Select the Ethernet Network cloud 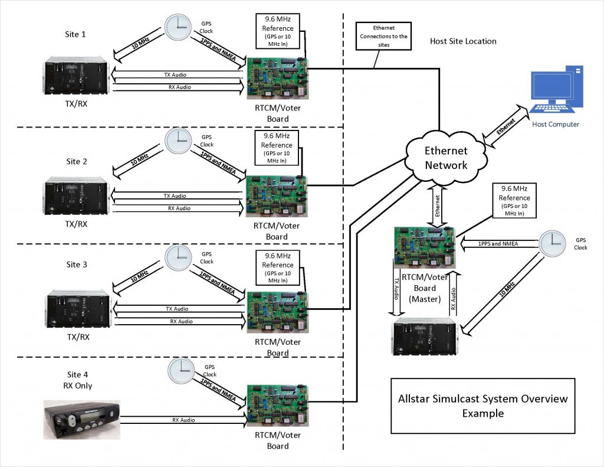click(446, 158)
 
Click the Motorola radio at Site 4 click(81, 419)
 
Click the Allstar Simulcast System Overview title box click(482, 406)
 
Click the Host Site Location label click(463, 41)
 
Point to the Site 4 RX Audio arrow click(183, 420)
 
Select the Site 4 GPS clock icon click(181, 370)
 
